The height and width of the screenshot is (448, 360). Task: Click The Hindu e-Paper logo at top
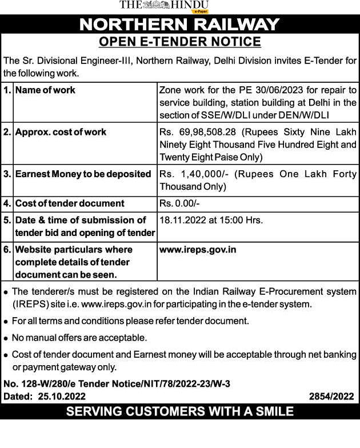[165, 6]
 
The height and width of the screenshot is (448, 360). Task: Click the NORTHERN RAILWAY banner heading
[179, 25]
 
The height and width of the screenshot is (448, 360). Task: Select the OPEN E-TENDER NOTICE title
[179, 42]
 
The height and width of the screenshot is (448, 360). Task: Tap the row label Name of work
[45, 90]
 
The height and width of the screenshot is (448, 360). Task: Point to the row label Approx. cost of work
[61, 132]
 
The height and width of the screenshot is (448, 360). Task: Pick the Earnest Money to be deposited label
[83, 174]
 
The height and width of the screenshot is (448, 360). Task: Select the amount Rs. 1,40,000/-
[191, 174]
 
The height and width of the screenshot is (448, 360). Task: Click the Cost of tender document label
[70, 203]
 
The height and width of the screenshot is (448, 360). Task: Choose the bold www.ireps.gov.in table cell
[198, 250]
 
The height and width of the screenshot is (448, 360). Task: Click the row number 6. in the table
[7, 250]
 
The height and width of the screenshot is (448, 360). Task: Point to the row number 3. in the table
[7, 174]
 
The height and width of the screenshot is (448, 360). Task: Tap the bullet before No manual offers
[6, 338]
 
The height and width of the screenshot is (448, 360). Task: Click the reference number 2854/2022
[331, 397]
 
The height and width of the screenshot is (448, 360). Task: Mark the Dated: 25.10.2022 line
[45, 397]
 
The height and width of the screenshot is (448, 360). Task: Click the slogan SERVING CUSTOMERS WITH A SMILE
[179, 411]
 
